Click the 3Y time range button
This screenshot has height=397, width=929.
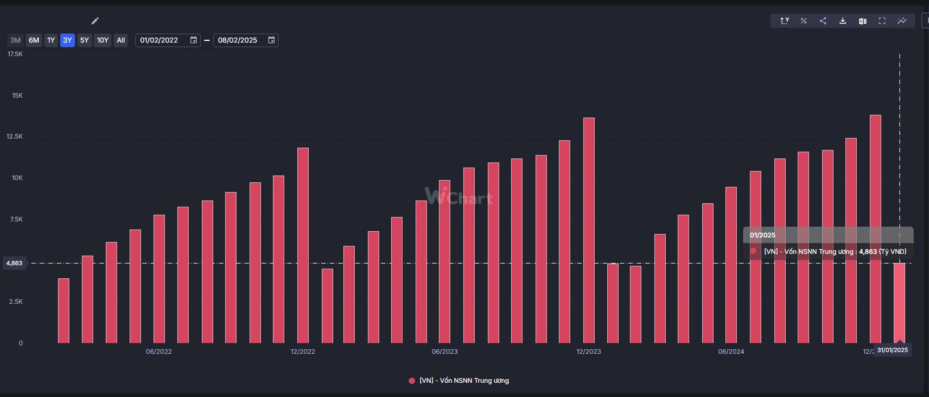pos(68,40)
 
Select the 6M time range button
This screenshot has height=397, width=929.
pos(34,40)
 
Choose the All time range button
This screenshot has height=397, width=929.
pos(121,40)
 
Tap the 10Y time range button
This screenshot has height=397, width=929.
pos(102,40)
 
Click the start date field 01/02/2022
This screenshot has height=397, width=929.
pos(160,40)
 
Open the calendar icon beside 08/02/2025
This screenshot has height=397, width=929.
pos(271,40)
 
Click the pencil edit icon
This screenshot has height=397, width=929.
pos(95,21)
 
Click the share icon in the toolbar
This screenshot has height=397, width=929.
pos(823,21)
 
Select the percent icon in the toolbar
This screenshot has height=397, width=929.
pos(803,21)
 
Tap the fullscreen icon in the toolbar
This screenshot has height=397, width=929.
pos(882,21)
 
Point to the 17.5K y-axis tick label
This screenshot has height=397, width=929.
pos(15,54)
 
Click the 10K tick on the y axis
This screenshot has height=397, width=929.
pos(17,178)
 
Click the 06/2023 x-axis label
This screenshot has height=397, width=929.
pos(445,352)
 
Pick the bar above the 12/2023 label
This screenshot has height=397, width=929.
pos(589,230)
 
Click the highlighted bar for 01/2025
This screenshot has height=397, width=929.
pos(899,303)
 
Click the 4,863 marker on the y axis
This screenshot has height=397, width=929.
pos(14,263)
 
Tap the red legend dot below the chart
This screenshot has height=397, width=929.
pos(412,381)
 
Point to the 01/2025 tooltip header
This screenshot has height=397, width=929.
pos(762,235)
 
